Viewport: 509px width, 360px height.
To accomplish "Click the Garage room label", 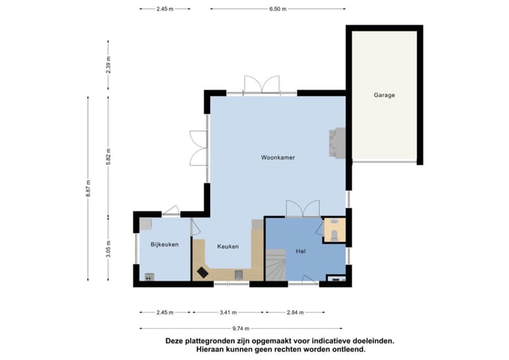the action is tap(384, 95).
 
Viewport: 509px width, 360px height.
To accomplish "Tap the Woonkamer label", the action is tap(278, 158).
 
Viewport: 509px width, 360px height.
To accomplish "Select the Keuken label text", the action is tap(228, 247).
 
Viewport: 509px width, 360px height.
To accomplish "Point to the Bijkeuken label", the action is tap(165, 244).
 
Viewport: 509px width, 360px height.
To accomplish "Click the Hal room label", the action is tap(300, 251).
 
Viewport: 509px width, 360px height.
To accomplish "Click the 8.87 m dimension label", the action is tap(88, 188).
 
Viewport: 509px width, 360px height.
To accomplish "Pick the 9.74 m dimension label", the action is tap(241, 328).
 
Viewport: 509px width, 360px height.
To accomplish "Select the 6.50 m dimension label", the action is tap(278, 9).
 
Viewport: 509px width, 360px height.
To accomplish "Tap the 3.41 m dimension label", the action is tap(228, 313).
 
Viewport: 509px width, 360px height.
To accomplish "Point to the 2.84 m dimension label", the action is tap(295, 313).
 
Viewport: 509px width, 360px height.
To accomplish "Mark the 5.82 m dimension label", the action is tap(108, 156).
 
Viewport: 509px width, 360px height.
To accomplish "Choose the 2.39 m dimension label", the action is tap(108, 65).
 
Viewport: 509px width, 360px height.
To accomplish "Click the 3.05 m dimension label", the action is tap(108, 249).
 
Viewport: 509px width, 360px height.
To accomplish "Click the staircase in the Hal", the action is tap(276, 265).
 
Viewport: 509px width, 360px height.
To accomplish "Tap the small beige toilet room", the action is tap(334, 230).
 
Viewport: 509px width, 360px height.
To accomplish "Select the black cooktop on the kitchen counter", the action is tap(203, 272).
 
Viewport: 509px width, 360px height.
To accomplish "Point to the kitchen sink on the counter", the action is tap(239, 275).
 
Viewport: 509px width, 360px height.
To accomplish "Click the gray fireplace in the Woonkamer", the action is tap(337, 143).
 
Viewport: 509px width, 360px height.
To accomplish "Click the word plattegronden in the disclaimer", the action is tap(209, 342).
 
